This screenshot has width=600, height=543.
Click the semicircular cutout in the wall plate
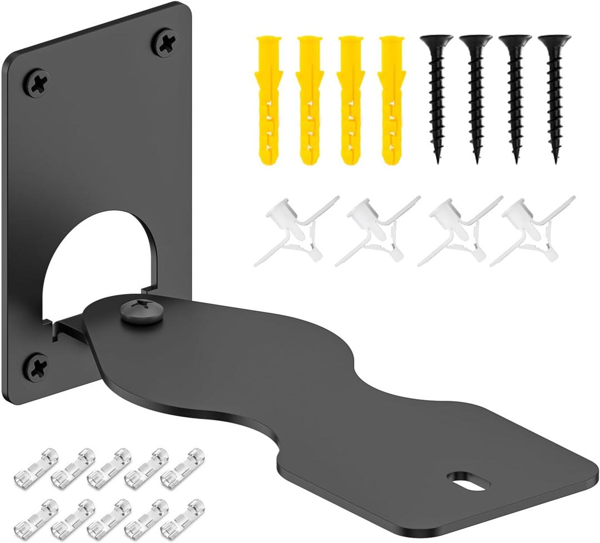pos(100,261)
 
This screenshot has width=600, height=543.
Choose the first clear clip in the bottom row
pos(34,515)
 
